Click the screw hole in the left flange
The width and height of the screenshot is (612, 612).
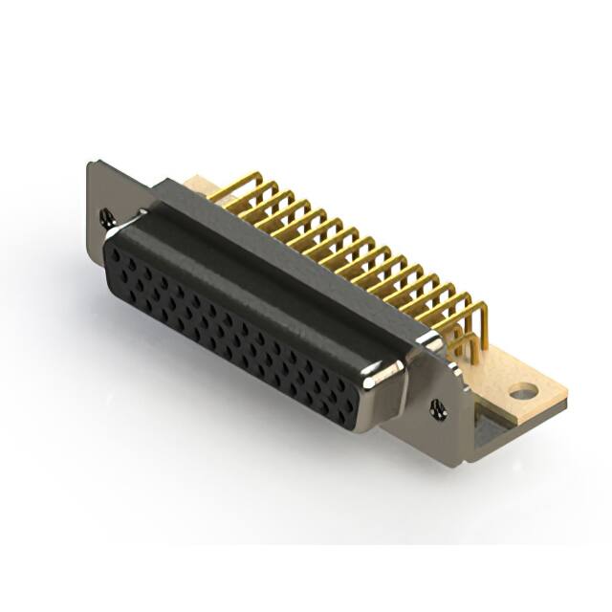click(x=107, y=218)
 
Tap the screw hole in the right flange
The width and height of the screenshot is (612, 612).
click(x=438, y=408)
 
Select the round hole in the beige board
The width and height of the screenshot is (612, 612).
click(x=522, y=391)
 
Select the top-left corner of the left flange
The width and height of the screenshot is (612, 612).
click(x=91, y=164)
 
